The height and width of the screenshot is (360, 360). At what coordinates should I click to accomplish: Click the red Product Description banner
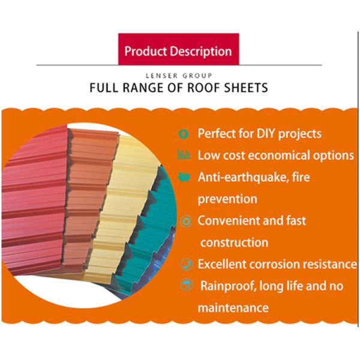click(178, 51)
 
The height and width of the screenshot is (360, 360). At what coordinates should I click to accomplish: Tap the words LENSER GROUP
click(179, 76)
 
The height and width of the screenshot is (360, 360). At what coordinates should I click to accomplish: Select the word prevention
click(227, 199)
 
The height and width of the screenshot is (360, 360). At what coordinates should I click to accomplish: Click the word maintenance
click(233, 308)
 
